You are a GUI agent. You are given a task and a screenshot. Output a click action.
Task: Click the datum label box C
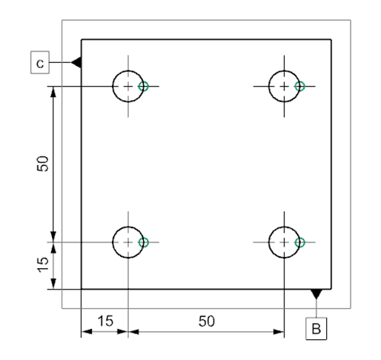click(x=41, y=63)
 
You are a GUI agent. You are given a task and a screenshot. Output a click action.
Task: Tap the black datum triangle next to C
click(x=76, y=63)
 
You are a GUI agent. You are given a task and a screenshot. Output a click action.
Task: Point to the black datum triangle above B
click(x=317, y=294)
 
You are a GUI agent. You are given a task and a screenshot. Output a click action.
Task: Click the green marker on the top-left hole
click(x=144, y=86)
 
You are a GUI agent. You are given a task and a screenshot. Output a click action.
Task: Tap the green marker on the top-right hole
click(x=299, y=86)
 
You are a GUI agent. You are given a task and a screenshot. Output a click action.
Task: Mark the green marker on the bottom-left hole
click(x=144, y=241)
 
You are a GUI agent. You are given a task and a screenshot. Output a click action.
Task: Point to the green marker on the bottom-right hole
click(x=299, y=241)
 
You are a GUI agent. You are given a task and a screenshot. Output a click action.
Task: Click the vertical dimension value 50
click(x=43, y=164)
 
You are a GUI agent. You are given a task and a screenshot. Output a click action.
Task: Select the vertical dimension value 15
click(x=43, y=264)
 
